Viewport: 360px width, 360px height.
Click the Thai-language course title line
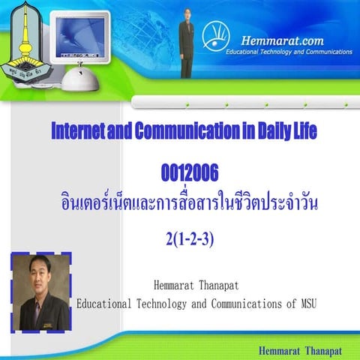(189, 202)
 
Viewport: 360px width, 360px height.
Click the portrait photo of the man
(40, 292)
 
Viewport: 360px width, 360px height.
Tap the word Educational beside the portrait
(104, 304)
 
